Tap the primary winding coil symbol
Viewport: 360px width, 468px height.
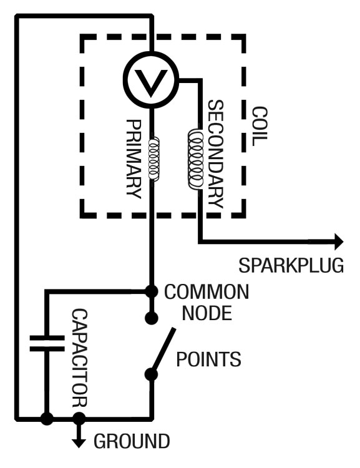(x=153, y=158)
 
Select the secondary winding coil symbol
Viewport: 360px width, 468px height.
(x=195, y=158)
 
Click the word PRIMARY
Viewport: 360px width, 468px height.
(x=134, y=158)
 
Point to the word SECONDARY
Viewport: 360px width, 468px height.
(x=215, y=154)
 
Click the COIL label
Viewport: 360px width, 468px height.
(x=260, y=127)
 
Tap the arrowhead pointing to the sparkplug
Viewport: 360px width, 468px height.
(x=339, y=241)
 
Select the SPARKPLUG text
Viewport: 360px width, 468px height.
(x=291, y=265)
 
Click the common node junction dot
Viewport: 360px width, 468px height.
(x=152, y=291)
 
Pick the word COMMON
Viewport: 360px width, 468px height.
(x=207, y=291)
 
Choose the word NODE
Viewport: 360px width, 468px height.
(x=207, y=313)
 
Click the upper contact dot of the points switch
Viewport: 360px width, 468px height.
(x=152, y=318)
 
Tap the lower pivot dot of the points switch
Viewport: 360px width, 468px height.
(x=152, y=374)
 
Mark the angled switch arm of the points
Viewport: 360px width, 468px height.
(x=163, y=351)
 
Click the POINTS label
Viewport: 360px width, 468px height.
(x=208, y=359)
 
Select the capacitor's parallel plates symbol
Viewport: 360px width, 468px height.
(x=47, y=343)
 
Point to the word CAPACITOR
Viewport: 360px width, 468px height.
(x=80, y=358)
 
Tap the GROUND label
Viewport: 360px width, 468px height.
(x=132, y=441)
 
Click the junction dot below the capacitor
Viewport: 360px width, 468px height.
(x=47, y=419)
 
